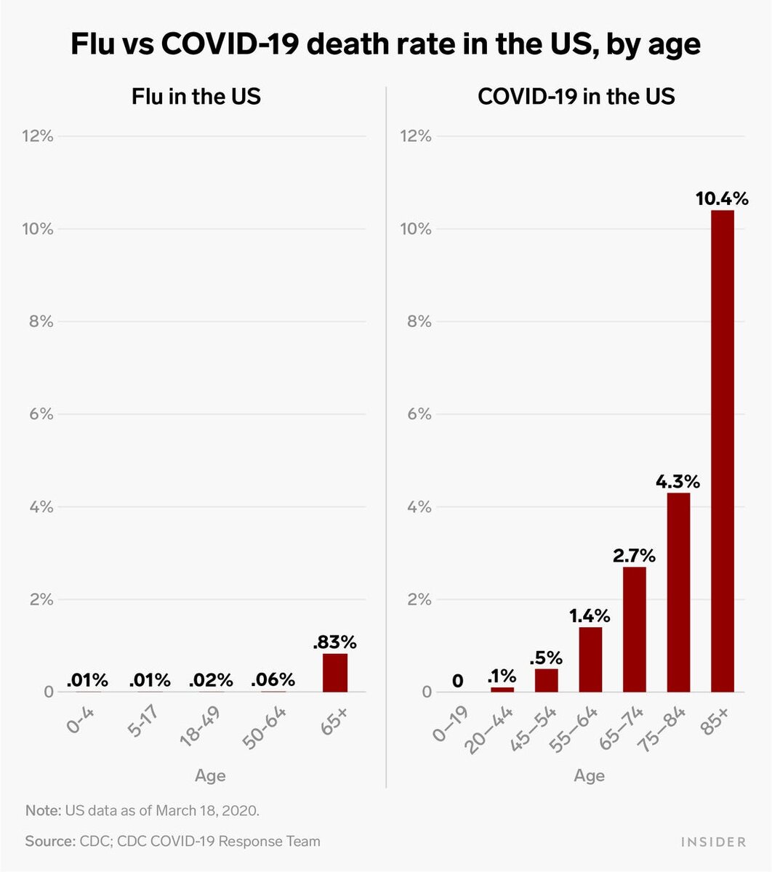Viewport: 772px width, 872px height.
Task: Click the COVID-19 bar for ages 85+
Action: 723,451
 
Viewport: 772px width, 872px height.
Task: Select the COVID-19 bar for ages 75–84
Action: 678,592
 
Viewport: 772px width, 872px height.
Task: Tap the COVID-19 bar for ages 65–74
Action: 634,629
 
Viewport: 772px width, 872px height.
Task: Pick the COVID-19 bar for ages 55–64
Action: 590,659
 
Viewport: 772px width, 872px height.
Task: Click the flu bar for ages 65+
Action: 335,673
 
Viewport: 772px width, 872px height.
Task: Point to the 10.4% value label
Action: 723,198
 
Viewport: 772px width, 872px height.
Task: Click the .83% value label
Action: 334,642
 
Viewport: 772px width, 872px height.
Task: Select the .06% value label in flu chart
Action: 273,680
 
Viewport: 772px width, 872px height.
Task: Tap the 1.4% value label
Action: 590,616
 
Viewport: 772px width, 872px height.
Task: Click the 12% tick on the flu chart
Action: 36,136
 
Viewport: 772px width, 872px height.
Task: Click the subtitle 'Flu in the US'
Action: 196,96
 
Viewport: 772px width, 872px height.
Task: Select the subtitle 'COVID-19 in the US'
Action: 576,96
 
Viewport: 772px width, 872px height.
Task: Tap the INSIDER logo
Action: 713,841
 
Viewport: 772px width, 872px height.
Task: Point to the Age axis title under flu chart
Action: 210,775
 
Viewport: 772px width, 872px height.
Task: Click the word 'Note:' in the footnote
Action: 43,810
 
